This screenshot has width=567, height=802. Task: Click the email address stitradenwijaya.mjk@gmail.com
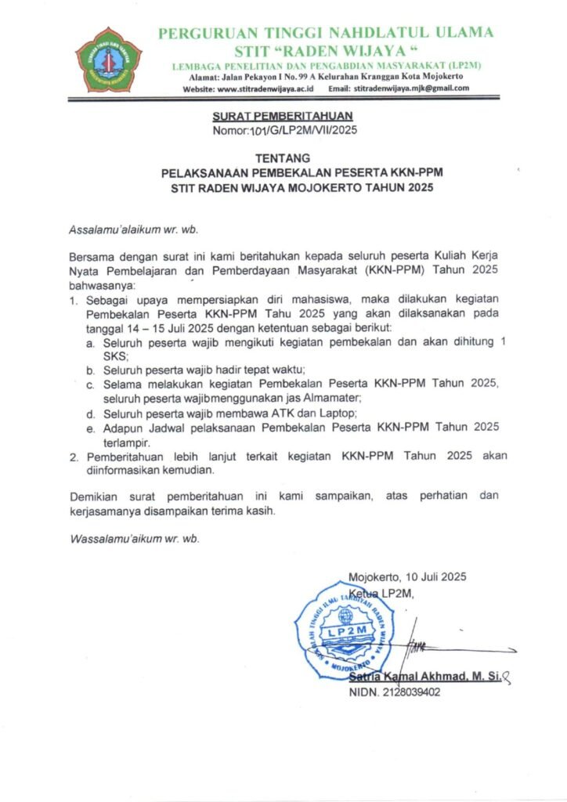coord(411,89)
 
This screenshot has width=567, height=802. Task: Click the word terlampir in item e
coord(127,441)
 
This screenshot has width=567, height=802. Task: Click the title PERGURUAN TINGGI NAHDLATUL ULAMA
coord(326,33)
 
